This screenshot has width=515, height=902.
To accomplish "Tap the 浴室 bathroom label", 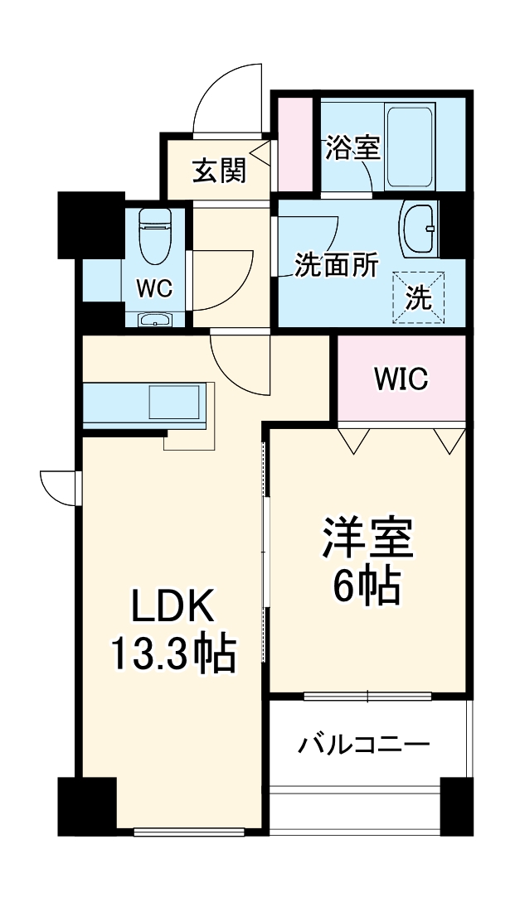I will pos(352,148).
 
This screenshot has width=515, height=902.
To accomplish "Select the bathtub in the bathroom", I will pos(410,146).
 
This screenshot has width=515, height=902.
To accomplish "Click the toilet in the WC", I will pos(154,234).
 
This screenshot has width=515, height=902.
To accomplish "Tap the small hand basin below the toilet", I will pos(154,321).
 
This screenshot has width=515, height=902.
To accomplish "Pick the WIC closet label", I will pos(401,379).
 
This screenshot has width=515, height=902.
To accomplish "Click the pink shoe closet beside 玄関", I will pos(294,145).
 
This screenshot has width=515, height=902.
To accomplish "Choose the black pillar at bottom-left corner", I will pos(86,804).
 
